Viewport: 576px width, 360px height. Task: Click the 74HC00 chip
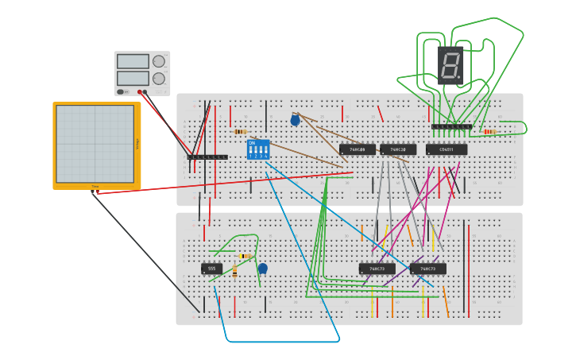(358, 149)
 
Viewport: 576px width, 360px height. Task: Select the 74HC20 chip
(398, 149)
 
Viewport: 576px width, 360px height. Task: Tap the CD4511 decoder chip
(446, 149)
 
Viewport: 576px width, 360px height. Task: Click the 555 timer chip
(211, 269)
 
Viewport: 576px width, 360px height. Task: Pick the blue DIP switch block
(258, 149)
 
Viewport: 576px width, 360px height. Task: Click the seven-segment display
(449, 64)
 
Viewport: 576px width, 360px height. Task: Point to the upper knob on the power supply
(159, 61)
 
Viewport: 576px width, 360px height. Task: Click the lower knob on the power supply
(159, 79)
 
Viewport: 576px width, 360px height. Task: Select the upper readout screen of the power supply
(133, 61)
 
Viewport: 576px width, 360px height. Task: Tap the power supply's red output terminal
(140, 91)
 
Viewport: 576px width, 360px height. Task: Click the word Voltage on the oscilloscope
(137, 144)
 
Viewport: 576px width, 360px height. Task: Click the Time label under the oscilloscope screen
(95, 187)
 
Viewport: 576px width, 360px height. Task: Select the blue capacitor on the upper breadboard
(296, 120)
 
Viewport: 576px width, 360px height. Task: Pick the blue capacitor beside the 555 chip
(263, 269)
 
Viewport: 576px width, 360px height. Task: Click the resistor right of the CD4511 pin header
(489, 131)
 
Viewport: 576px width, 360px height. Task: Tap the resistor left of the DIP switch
(240, 131)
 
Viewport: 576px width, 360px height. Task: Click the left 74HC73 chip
(377, 269)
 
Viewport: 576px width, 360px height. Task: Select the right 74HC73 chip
(427, 269)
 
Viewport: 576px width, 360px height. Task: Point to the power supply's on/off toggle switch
(122, 91)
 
